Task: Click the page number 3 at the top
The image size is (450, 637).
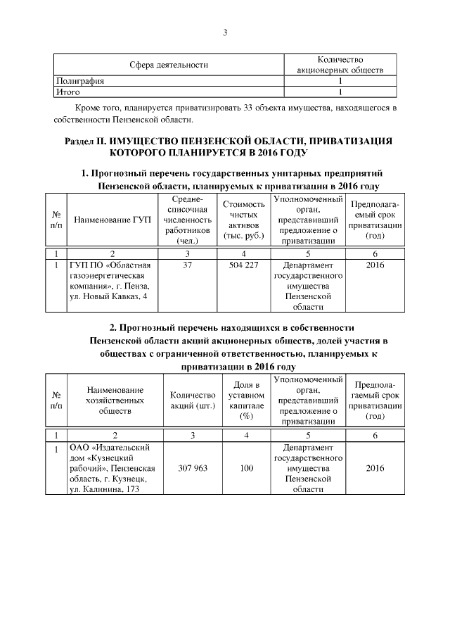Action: point(225,32)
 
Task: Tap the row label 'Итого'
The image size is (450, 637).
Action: point(68,92)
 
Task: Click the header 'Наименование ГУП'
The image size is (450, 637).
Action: point(112,220)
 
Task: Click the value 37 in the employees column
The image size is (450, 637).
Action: point(187,267)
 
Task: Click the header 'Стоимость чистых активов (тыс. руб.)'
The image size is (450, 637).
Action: point(243,220)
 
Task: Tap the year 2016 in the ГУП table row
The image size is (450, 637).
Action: point(375,267)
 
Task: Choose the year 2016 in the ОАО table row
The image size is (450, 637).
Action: point(375,467)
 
